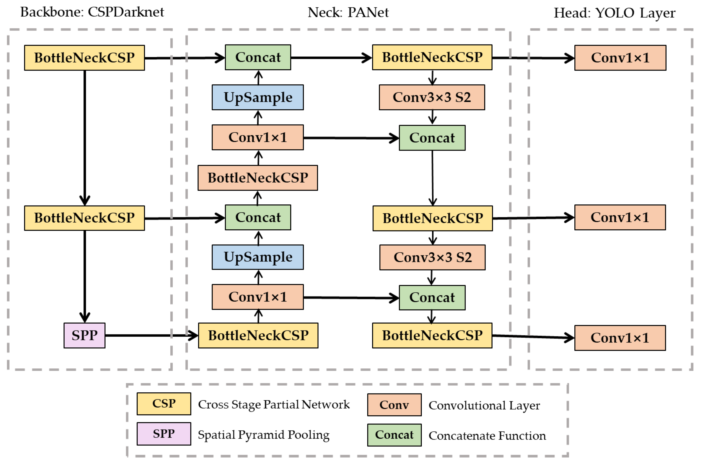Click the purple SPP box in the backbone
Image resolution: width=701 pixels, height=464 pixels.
pos(84,335)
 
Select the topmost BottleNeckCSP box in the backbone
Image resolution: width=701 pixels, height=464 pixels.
pos(84,58)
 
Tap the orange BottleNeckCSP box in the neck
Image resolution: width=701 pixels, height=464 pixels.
pos(258,178)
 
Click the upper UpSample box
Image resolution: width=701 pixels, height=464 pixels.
pos(258,97)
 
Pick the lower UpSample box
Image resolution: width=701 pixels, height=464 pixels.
pos(258,257)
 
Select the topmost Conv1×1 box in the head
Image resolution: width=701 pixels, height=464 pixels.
pos(620,58)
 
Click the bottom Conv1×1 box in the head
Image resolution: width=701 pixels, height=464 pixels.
pos(620,338)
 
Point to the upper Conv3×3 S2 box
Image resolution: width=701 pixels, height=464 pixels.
pos(432,97)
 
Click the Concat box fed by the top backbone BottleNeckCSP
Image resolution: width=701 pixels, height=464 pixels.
pos(258,58)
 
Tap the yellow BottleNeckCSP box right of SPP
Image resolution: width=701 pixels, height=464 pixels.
pos(258,335)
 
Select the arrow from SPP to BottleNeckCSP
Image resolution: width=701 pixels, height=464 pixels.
pos(151,335)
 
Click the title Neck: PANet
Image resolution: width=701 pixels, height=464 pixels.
pos(348,12)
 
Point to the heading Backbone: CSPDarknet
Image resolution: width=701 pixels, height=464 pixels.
pos(92,12)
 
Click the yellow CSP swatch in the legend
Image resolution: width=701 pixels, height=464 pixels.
pos(163,404)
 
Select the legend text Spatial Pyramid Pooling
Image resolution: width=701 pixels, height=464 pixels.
pos(263,435)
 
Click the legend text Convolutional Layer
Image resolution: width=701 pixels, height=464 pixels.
pos(484,405)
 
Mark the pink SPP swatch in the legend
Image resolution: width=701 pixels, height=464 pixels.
pos(163,434)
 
